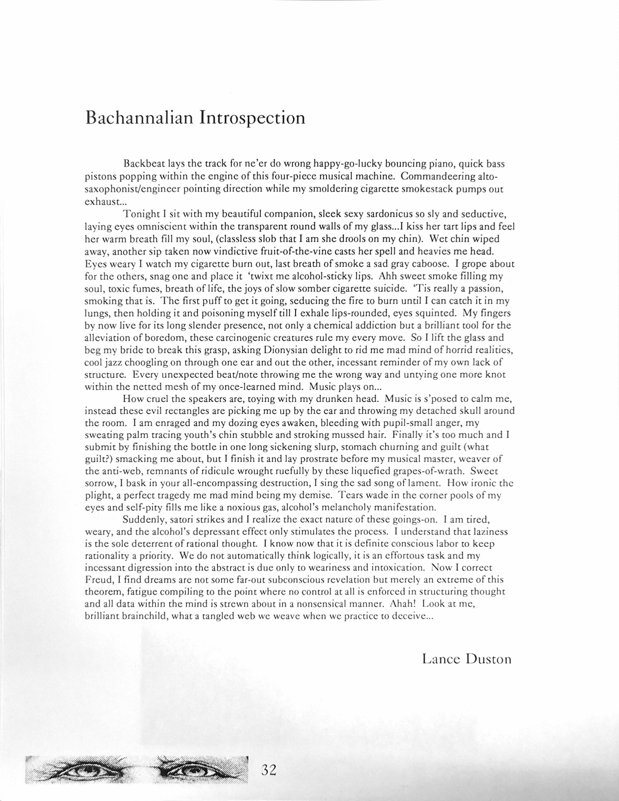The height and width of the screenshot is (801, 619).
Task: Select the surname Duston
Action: click(488, 659)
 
